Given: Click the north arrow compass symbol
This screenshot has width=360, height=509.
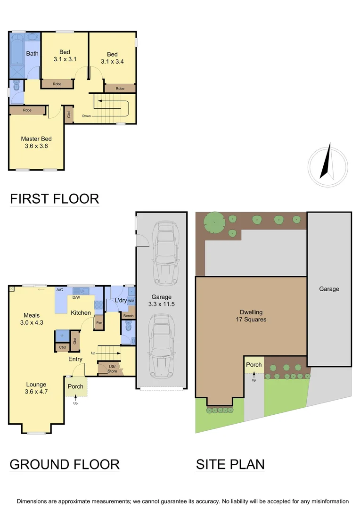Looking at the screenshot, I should pos(328,163).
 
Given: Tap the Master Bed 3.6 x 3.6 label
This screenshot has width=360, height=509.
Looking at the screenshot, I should pos(36,142).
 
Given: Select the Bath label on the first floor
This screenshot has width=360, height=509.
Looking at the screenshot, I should pos(33,53).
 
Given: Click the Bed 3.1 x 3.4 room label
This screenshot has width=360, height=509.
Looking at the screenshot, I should pos(112,57).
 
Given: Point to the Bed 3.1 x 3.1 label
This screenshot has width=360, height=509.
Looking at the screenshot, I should pos(65,56).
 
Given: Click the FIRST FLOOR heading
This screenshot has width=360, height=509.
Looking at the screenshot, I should pos(55,198).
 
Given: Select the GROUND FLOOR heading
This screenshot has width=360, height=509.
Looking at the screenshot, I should pos(65,464).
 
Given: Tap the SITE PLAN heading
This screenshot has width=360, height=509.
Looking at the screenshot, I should pos(230,464).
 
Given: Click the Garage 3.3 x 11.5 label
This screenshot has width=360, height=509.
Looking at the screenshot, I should pos(161,301).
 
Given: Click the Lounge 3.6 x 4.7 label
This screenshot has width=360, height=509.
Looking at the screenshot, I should pos(36,387).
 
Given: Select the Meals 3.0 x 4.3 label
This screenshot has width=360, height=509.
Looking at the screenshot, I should pos(32,319).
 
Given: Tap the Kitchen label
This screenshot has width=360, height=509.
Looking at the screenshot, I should pos(81,312).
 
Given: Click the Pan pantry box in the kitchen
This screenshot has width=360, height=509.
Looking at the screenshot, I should pos(99,323).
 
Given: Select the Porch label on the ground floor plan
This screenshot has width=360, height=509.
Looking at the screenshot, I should pos(75,386).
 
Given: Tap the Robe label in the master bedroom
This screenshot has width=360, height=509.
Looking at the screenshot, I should pos(27,110).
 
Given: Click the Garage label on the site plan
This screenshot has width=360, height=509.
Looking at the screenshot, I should pos(329,289).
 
